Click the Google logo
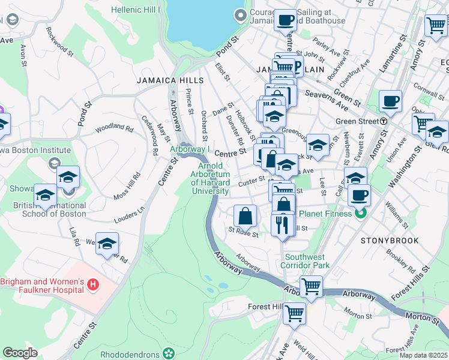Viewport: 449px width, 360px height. click(20, 353)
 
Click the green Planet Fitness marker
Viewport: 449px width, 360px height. click(360, 212)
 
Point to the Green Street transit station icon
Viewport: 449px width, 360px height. click(383, 121)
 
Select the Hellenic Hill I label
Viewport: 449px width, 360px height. click(136, 10)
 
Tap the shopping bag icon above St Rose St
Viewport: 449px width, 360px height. click(245, 215)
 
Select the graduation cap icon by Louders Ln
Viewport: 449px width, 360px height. click(107, 243)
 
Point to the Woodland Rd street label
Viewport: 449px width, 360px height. click(114, 128)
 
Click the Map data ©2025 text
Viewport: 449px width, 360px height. click(424, 355)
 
